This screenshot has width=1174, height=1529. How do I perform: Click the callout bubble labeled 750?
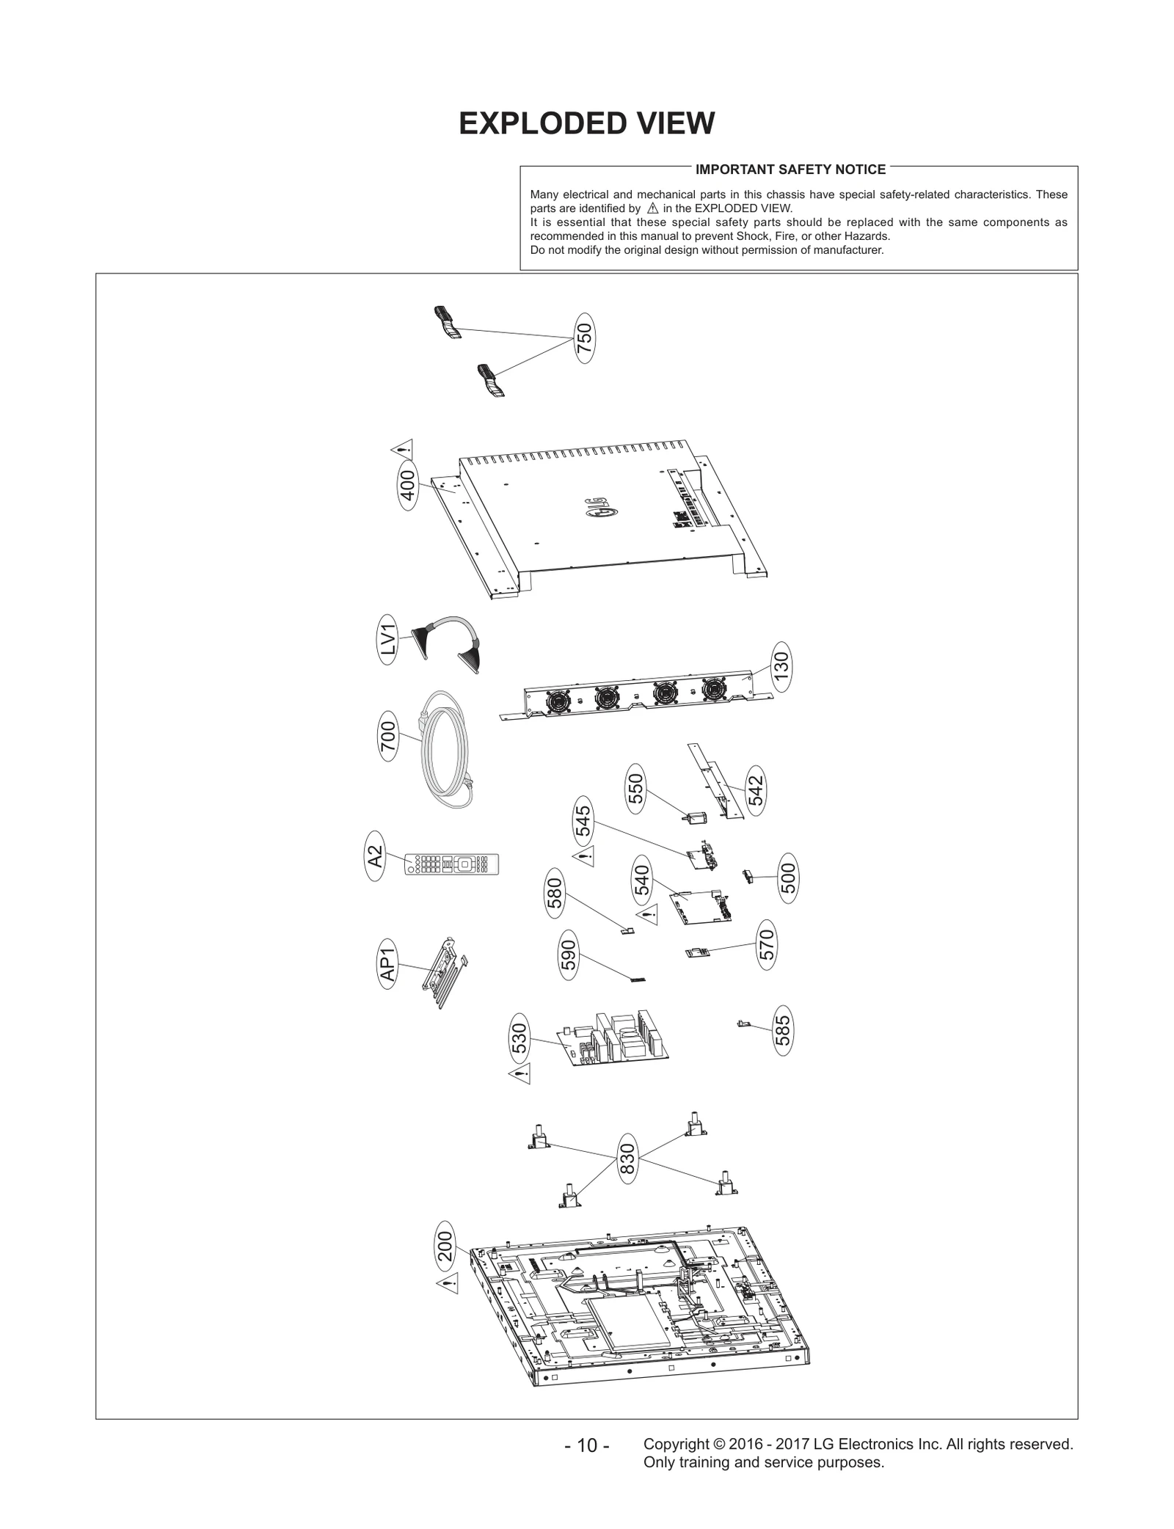584,338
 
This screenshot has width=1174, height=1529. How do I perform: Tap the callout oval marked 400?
408,484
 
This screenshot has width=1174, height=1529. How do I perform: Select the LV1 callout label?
387,640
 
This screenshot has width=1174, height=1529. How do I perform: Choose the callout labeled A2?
375,856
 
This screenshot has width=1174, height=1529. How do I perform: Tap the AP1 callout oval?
387,964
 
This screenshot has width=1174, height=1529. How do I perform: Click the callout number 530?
519,1039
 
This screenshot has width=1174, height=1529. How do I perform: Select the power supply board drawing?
615,1040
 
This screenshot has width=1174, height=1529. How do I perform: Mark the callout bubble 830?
627,1158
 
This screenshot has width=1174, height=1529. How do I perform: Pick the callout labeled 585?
783,1030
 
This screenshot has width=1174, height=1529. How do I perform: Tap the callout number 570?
766,945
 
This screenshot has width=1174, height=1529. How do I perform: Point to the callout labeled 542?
755,789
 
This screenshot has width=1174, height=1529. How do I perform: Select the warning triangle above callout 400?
402,449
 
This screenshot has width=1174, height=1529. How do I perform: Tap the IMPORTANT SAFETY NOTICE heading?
790,169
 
